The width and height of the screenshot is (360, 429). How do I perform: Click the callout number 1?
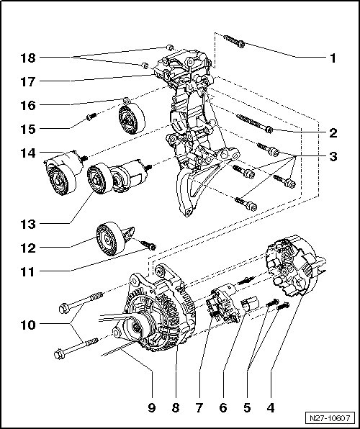[333, 58]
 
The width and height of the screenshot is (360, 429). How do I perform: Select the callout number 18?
[28, 58]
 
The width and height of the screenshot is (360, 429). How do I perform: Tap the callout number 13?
[28, 225]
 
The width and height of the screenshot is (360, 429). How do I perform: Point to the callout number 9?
[152, 408]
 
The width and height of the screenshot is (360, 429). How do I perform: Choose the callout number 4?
[271, 408]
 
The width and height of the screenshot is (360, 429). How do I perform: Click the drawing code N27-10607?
[330, 418]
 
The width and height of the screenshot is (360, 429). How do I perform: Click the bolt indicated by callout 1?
[234, 41]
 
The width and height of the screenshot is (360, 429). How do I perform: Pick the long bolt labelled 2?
[255, 124]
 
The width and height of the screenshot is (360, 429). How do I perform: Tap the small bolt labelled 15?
[91, 117]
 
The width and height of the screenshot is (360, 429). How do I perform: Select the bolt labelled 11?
[148, 245]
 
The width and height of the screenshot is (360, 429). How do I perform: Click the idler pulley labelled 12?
[111, 238]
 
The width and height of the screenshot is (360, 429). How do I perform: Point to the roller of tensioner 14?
[60, 180]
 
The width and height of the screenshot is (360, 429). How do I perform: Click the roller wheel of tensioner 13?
[99, 178]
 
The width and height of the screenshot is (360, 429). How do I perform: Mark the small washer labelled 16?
[126, 101]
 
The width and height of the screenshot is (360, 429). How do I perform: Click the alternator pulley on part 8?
[136, 326]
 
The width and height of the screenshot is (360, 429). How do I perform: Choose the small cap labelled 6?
[249, 304]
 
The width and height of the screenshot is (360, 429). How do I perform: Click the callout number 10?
[28, 325]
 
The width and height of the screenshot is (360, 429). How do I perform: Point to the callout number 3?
[333, 157]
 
